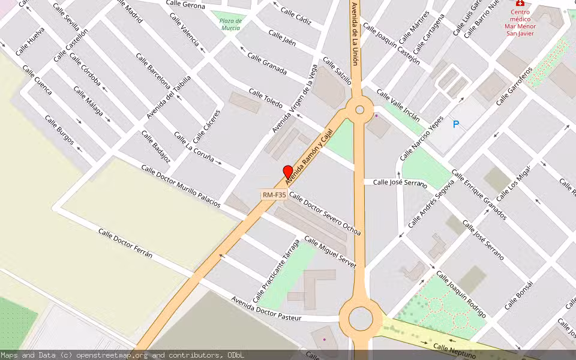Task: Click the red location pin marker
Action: point(288,172)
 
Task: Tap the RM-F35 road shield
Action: point(274,195)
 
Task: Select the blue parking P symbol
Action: point(456,124)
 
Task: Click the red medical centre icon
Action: point(520,3)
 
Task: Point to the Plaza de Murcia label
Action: point(230,24)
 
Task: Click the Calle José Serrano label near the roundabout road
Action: point(400,182)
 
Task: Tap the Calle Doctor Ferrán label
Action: point(125,243)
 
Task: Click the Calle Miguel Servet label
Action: point(330,252)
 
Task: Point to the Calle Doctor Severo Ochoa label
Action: point(325,213)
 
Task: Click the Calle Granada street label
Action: point(267,63)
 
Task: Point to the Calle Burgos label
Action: point(59,130)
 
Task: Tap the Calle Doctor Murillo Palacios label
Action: point(181,186)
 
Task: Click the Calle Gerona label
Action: point(186,5)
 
